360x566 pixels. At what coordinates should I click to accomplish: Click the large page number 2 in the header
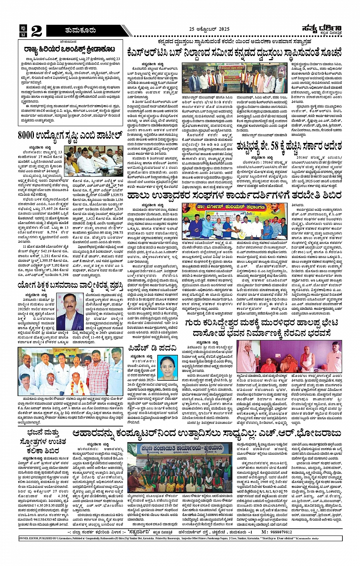[37, 30]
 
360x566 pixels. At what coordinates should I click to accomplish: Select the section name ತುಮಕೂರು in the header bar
[80, 30]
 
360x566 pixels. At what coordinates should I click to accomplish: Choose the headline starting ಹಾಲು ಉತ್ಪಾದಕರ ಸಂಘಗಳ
[234, 195]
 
